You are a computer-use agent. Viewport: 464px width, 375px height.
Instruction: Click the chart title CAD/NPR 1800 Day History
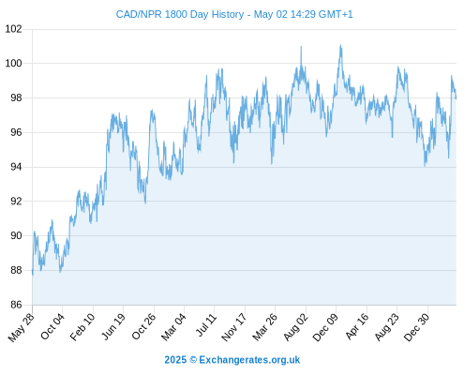180,14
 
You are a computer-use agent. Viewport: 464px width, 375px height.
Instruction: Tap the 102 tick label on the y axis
14,29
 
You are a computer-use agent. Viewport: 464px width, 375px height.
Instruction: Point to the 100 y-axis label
14,64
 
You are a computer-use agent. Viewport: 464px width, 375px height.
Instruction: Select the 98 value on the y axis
16,97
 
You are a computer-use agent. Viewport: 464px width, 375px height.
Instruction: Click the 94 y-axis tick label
16,167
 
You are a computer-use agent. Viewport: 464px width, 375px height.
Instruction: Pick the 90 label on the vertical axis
16,235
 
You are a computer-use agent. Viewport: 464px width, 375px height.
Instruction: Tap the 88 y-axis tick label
16,270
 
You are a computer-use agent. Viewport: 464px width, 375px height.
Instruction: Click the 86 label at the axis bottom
16,305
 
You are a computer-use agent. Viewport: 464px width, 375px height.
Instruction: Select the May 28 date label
22,327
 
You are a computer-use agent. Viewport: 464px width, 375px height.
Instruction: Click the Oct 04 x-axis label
52,326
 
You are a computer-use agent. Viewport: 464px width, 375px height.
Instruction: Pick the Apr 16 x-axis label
357,326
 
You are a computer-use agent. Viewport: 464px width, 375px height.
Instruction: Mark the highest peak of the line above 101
340,45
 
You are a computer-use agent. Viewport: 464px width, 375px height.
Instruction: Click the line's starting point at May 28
33,271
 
